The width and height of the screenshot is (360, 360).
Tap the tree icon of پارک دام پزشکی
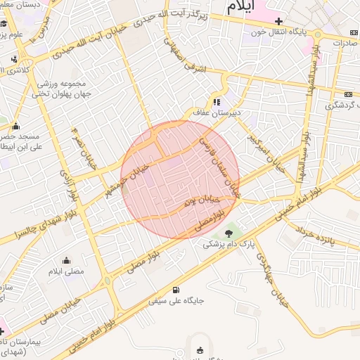(x=228, y=233)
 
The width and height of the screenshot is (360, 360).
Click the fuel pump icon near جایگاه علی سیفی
(x=175, y=290)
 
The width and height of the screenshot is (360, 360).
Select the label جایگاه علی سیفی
(x=176, y=301)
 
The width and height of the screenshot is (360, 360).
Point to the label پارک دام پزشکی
(x=229, y=245)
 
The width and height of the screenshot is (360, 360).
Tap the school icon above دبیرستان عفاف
(x=217, y=100)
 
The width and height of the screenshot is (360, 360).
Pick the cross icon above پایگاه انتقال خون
(x=278, y=21)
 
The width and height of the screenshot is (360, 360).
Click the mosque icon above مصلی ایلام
(x=66, y=260)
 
